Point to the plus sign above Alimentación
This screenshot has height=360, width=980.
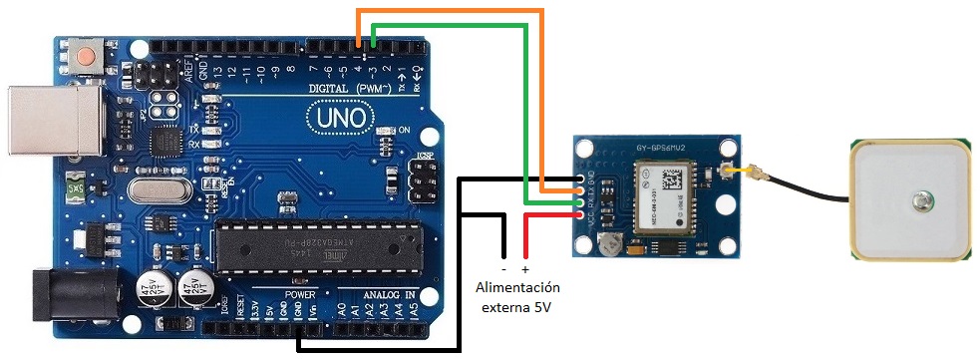525,269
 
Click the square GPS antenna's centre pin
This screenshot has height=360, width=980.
921,201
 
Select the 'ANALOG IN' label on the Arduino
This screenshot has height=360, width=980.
389,295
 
